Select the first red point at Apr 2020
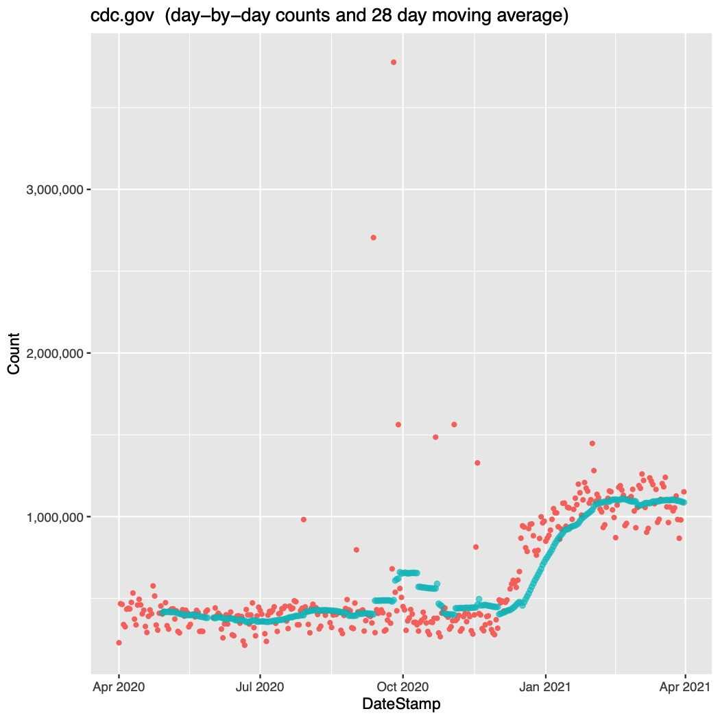click(x=119, y=643)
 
